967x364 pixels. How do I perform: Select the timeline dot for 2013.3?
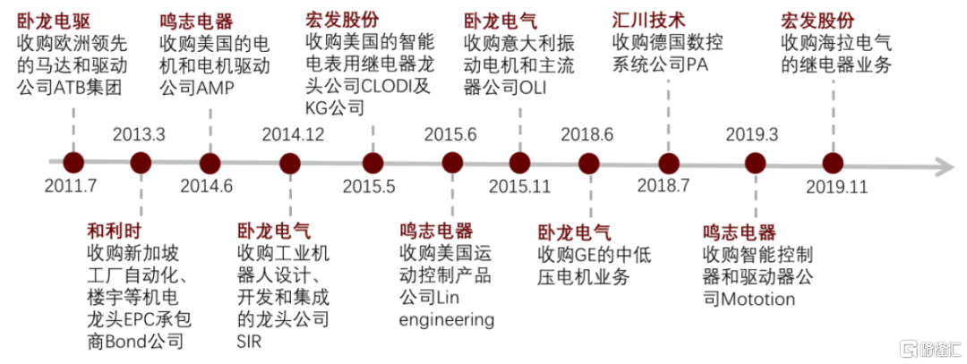(141, 164)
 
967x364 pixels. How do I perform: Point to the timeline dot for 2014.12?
(290, 164)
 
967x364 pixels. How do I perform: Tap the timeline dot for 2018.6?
(588, 164)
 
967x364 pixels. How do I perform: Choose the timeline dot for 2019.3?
(756, 164)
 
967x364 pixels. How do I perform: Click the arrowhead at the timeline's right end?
(942, 165)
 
